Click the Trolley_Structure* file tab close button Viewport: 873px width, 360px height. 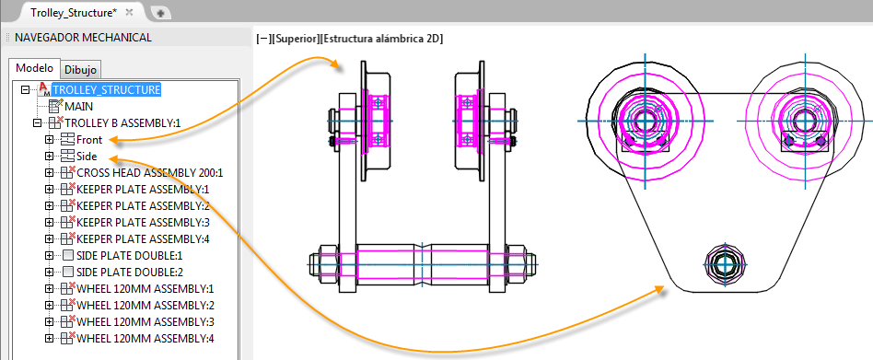[x=129, y=12]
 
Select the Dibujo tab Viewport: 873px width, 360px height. [x=80, y=70]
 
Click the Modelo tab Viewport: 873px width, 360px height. [x=34, y=68]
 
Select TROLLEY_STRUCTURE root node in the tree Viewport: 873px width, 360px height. [x=106, y=89]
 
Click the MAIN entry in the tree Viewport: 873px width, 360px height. [x=78, y=106]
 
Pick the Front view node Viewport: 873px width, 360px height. [x=89, y=140]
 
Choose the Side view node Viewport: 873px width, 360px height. [x=87, y=157]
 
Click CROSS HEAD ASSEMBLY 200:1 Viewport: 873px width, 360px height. [x=150, y=173]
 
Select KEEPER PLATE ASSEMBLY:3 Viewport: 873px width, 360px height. [x=143, y=223]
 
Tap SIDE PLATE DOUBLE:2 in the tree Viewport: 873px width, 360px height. [x=130, y=273]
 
